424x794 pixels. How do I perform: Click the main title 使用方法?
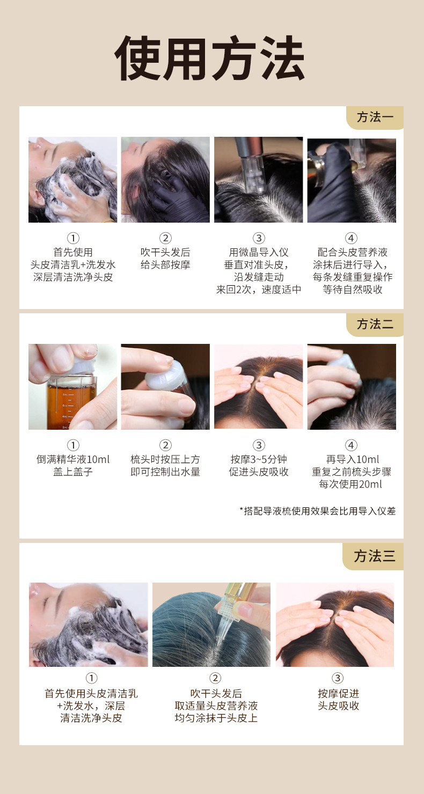click(x=209, y=58)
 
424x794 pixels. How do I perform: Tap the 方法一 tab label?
click(x=375, y=117)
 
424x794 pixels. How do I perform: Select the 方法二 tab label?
click(x=375, y=325)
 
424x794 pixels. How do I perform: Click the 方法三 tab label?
click(x=375, y=556)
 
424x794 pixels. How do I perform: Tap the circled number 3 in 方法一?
click(x=259, y=238)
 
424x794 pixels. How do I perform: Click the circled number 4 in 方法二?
click(x=351, y=445)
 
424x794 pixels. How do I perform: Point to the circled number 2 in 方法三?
click(x=215, y=678)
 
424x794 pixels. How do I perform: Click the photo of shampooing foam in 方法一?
click(x=72, y=180)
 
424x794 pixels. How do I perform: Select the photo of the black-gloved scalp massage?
click(x=165, y=180)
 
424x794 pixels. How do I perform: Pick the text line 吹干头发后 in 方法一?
click(x=165, y=252)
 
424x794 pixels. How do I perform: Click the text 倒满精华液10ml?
click(x=73, y=459)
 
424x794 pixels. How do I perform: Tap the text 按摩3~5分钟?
click(x=259, y=459)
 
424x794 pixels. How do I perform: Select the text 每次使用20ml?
click(x=350, y=484)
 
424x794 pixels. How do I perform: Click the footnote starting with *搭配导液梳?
click(x=318, y=511)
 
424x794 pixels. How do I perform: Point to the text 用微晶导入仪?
click(x=259, y=252)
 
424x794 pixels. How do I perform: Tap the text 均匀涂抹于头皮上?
click(x=216, y=718)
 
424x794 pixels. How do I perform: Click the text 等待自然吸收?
click(x=353, y=290)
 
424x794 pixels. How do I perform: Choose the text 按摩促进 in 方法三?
click(x=339, y=693)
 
